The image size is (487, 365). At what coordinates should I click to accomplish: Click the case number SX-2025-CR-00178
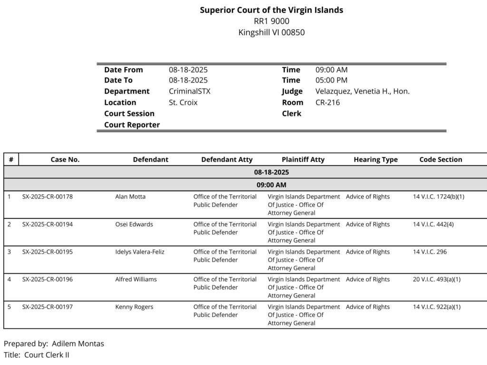[x=48, y=197]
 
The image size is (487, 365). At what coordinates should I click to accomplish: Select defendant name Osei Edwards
[x=134, y=224]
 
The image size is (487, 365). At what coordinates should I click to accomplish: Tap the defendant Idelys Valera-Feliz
[x=140, y=252]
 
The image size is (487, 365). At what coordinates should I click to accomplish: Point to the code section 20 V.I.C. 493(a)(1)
[x=437, y=279]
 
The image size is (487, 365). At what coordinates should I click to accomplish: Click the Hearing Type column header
[x=375, y=159]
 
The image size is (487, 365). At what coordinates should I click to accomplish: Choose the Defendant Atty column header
[x=227, y=159]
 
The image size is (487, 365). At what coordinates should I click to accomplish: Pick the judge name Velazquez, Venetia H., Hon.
[x=362, y=91]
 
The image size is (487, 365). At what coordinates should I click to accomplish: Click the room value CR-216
[x=328, y=102]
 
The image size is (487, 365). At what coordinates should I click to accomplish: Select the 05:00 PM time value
[x=331, y=80]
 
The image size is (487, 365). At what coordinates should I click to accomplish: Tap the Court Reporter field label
[x=132, y=125]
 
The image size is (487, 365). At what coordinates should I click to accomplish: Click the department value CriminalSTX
[x=189, y=91]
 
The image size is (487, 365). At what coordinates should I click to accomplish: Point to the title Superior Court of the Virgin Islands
[x=271, y=10]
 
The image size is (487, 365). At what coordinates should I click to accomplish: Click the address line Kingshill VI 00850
[x=271, y=32]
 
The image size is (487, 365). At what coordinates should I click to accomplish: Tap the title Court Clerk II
[x=47, y=355]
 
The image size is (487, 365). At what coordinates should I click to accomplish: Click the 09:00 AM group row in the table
[x=271, y=185]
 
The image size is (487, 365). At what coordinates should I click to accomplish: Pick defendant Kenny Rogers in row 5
[x=134, y=307]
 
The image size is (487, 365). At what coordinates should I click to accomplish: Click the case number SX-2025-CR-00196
[x=48, y=279]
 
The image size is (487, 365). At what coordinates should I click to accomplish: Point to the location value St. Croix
[x=183, y=102]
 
